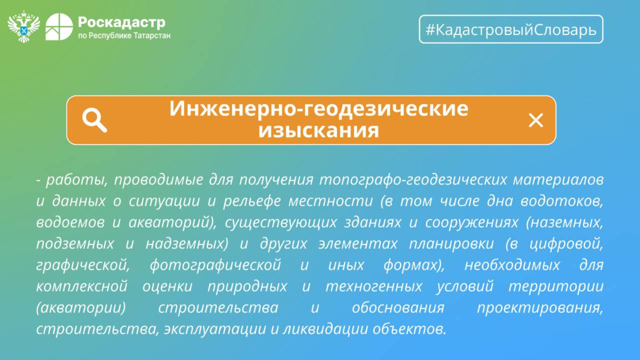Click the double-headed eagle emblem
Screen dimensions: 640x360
click(x=24, y=26)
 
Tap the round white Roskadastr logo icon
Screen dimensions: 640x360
click(x=59, y=26)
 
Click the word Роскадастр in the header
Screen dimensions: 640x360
click(x=122, y=22)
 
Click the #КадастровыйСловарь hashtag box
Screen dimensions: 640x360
click(x=511, y=29)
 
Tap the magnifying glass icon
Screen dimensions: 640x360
click(x=94, y=120)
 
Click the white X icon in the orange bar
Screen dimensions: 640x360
click(x=536, y=120)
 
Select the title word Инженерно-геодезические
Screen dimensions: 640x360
click(x=319, y=109)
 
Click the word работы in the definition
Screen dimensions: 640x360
click(x=76, y=180)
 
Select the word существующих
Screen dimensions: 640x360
click(x=281, y=223)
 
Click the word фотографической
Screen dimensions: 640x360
click(x=216, y=266)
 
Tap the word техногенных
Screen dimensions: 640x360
click(x=374, y=286)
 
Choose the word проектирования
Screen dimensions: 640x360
click(x=540, y=308)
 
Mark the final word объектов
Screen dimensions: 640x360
click(x=410, y=329)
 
